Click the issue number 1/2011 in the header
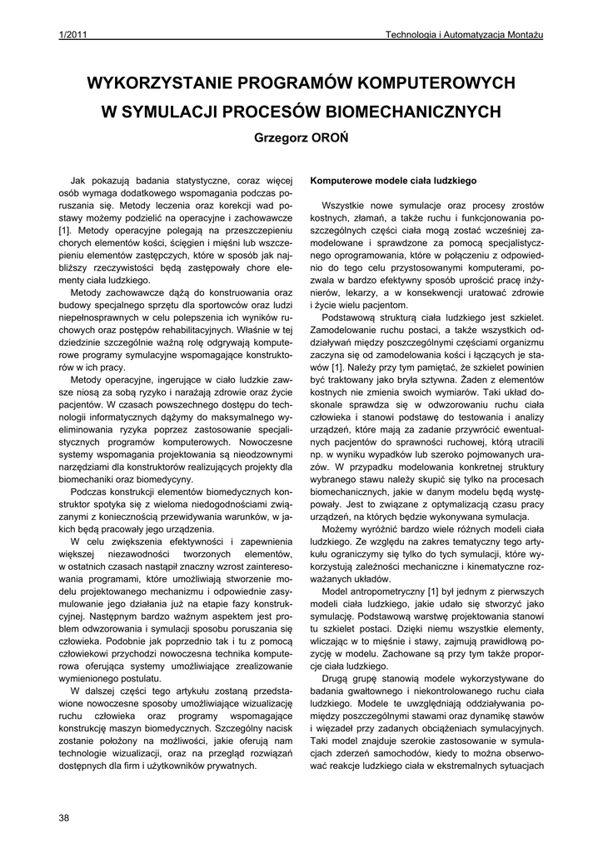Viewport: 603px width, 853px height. tap(72, 34)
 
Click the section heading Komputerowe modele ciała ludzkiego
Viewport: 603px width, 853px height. tap(392, 180)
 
